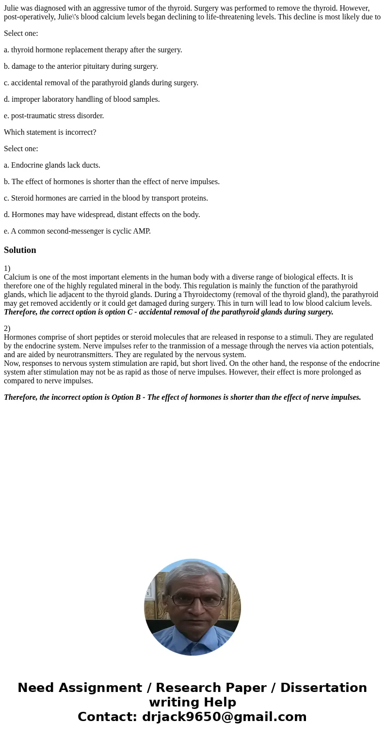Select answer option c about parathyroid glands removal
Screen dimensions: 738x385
coord(101,83)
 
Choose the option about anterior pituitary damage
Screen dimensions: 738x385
coord(81,66)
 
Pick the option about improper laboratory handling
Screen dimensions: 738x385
coord(81,99)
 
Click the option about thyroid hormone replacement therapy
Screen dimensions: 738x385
coord(93,50)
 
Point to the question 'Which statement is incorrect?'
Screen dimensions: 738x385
coord(50,132)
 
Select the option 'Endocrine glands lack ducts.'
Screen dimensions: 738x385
coord(52,165)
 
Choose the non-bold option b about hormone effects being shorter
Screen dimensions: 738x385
coord(112,182)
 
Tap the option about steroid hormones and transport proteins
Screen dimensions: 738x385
coord(106,198)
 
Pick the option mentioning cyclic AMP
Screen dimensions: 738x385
coord(77,231)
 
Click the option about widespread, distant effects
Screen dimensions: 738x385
coord(102,215)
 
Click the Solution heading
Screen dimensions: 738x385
coord(20,250)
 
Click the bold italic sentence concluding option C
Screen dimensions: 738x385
coord(168,312)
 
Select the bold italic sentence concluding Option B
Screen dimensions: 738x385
coord(182,397)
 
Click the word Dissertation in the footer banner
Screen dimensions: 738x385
coord(323,688)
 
